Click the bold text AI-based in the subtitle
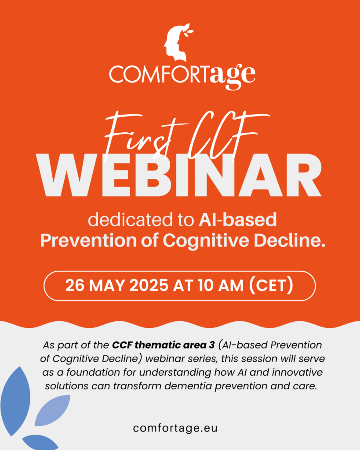point(237,219)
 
